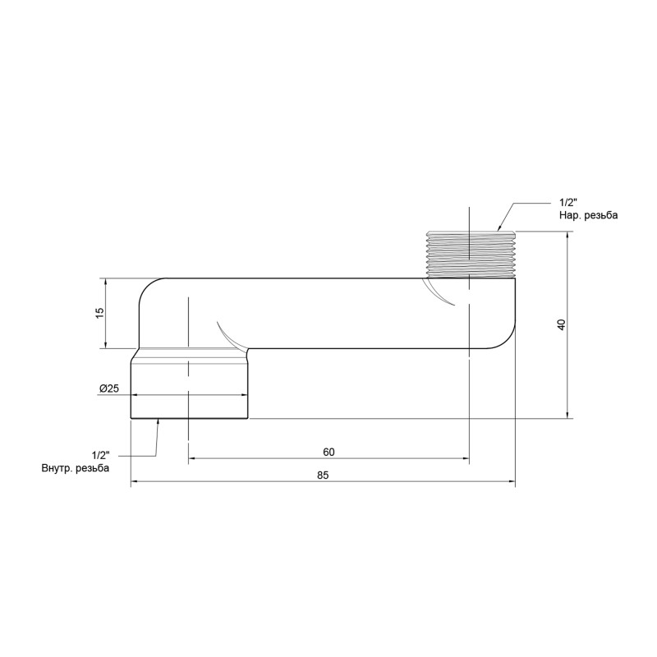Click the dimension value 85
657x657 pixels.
click(322, 476)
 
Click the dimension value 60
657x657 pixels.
click(328, 453)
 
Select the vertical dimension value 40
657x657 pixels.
click(561, 325)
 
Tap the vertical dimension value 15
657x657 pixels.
click(99, 313)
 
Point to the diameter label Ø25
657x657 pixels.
click(109, 388)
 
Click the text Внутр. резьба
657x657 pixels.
click(75, 467)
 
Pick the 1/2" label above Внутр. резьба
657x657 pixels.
click(101, 455)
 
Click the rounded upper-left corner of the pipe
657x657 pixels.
click(150, 288)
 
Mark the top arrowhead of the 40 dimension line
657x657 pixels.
click(568, 235)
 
